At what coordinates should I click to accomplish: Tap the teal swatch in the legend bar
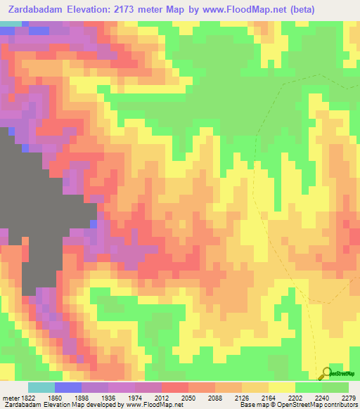[41, 387]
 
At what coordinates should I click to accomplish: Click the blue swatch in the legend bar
[68, 387]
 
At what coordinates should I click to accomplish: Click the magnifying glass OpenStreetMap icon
[326, 374]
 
